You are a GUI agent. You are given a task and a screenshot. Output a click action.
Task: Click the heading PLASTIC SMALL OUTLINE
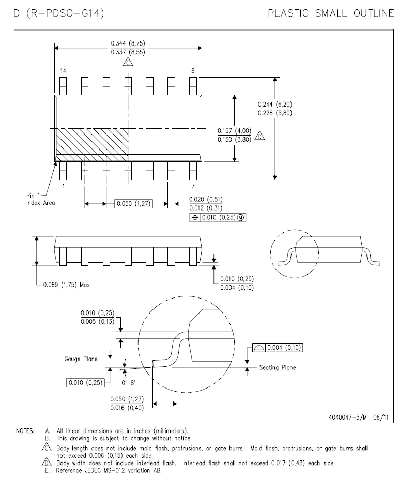pos(330,13)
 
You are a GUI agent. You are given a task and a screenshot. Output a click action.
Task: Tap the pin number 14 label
pos(63,70)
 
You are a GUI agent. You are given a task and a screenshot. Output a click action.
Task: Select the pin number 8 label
pos(193,70)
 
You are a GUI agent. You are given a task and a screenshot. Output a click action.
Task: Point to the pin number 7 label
pos(193,185)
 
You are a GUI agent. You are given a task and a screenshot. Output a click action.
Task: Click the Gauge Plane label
pos(80,358)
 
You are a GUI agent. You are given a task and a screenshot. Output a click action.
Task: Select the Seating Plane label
pos(278,368)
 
